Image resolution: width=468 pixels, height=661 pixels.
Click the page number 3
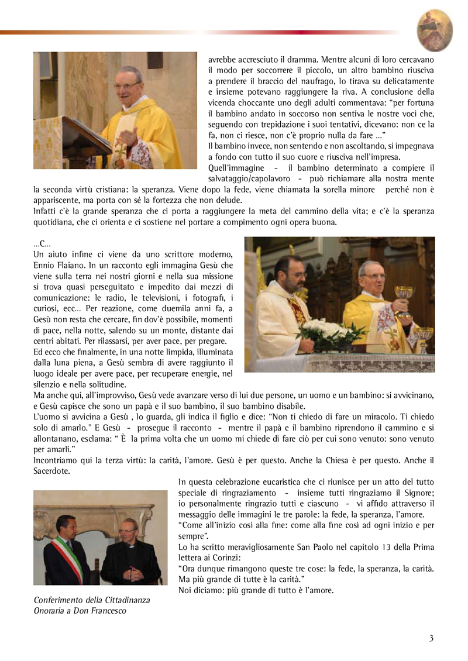[x=431, y=638]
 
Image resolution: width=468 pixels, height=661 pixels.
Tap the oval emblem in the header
[x=435, y=31]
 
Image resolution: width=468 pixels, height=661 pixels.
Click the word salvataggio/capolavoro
[x=253, y=178]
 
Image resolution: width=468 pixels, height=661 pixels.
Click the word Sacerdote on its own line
[x=51, y=470]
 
